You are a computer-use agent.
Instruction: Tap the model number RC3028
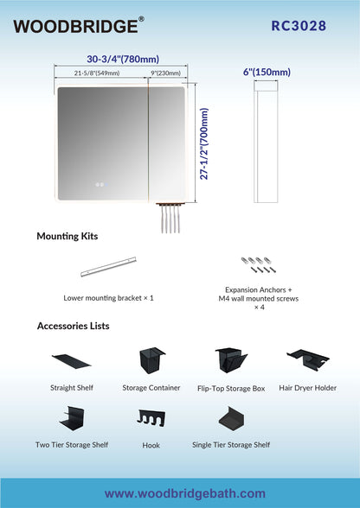299,26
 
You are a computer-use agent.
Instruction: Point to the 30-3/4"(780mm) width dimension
123,60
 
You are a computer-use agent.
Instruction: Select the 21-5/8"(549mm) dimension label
97,73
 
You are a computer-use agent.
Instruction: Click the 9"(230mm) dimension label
165,73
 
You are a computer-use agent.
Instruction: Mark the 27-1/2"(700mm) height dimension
204,143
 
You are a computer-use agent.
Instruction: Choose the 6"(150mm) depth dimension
267,73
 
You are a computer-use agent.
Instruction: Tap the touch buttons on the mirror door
101,184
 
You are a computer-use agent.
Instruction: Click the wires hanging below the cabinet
170,218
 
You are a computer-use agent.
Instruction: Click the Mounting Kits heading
67,236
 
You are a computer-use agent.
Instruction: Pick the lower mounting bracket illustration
108,267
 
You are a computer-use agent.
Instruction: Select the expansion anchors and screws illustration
259,264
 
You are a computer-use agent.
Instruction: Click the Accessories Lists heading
73,326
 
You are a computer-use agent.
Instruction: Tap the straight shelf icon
72,361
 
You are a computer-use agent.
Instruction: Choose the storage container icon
151,360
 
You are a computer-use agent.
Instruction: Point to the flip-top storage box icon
231,360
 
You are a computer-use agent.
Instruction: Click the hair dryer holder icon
308,359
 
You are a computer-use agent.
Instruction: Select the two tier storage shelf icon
72,418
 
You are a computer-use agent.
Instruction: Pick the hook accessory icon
151,416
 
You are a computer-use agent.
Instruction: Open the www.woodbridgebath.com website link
184,493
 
